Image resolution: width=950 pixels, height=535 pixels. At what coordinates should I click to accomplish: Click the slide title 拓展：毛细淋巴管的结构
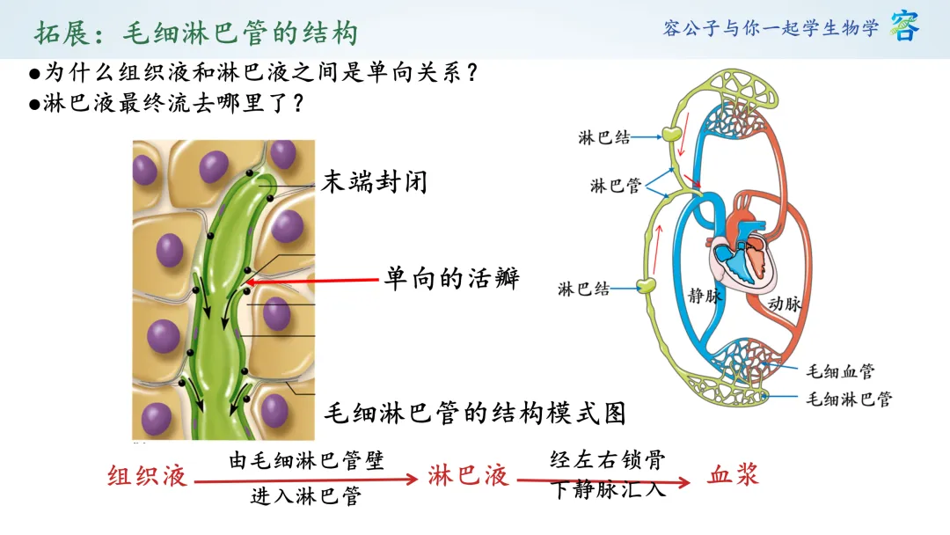(x=196, y=33)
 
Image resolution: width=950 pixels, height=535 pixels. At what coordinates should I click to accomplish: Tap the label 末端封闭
(x=375, y=182)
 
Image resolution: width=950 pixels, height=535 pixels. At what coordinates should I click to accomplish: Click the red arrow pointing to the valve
(x=312, y=281)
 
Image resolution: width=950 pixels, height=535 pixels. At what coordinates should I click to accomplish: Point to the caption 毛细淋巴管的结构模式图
(x=475, y=414)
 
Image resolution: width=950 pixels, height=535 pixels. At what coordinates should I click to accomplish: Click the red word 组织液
(x=147, y=476)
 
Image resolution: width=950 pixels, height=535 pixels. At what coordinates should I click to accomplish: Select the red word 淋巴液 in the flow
(x=468, y=476)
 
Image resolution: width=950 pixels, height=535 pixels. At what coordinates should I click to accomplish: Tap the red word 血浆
(x=733, y=474)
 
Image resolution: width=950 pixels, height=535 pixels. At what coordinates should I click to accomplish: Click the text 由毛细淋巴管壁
(x=307, y=460)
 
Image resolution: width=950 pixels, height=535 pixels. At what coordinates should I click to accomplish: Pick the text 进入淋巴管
(x=307, y=496)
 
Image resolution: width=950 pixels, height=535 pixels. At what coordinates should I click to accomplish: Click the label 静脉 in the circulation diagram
(x=705, y=296)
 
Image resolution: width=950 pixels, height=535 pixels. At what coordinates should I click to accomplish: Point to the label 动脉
(x=785, y=303)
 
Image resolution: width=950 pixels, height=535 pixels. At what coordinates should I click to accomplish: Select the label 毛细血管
(x=840, y=370)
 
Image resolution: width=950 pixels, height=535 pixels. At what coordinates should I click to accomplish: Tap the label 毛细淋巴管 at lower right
(x=849, y=399)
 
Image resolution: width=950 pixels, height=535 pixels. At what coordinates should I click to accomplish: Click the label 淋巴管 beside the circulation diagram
(x=616, y=186)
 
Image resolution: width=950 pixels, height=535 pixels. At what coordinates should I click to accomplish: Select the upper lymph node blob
(x=671, y=133)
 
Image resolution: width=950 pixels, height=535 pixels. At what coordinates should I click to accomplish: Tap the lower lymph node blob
(x=647, y=284)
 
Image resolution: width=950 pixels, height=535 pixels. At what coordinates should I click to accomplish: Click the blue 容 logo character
(x=904, y=26)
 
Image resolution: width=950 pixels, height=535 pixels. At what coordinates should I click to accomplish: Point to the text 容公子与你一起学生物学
(x=771, y=28)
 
